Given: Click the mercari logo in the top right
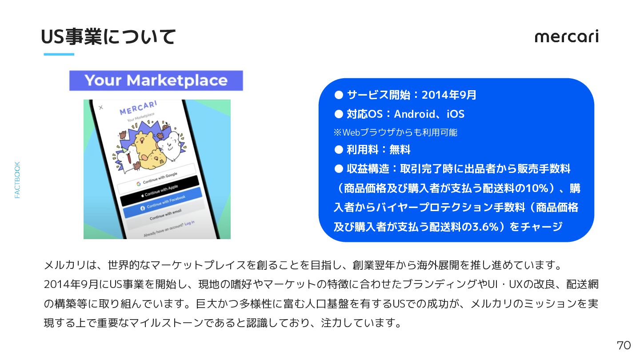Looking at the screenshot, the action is coord(567,36).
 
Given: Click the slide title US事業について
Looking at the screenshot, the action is coord(108,37).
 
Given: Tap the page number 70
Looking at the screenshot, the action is coord(624,345).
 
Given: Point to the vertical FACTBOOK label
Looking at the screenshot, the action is coord(17,180).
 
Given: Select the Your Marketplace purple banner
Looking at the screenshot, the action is coord(156,80).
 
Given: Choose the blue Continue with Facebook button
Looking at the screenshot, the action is coord(162,202).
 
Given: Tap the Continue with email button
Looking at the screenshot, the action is coord(165,214).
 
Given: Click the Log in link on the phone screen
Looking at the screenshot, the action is coord(189,223).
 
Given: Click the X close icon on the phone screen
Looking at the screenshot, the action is coord(101,108).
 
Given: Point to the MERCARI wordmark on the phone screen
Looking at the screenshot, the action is coord(138,108).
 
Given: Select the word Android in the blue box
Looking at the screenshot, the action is coord(415,114).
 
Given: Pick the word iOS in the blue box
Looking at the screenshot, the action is coord(456,114).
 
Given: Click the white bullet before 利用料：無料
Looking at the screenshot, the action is coord(339,150).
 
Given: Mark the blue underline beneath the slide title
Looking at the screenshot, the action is coord(59,54).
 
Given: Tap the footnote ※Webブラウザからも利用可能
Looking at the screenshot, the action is coord(396,132).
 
